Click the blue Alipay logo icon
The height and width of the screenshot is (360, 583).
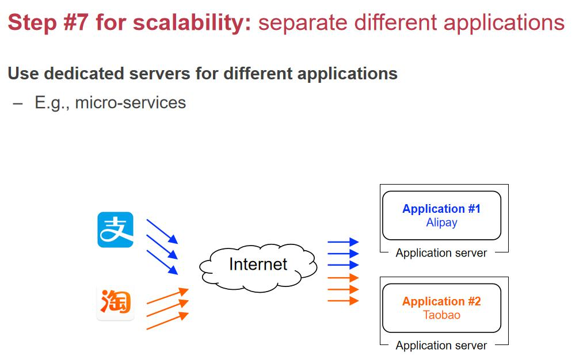point(115,229)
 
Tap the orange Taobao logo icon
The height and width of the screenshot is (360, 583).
point(115,302)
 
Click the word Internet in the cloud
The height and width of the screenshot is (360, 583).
point(258,264)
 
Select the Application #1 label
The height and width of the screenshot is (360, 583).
point(441,209)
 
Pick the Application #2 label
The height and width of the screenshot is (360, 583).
point(441,301)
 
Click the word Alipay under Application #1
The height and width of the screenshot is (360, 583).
point(441,223)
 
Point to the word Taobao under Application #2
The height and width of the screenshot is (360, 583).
point(441,315)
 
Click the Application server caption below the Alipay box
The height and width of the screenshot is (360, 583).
point(441,253)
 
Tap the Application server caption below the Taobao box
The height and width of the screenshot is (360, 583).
point(441,346)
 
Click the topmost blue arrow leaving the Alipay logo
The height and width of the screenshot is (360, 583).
point(162,231)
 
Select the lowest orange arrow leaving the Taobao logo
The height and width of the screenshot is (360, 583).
point(167,321)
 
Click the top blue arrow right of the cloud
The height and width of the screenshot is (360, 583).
point(343,242)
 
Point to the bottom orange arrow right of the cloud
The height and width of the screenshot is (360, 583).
point(343,301)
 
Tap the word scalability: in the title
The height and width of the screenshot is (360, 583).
point(192,22)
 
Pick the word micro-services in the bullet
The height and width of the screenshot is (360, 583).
point(131,103)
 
